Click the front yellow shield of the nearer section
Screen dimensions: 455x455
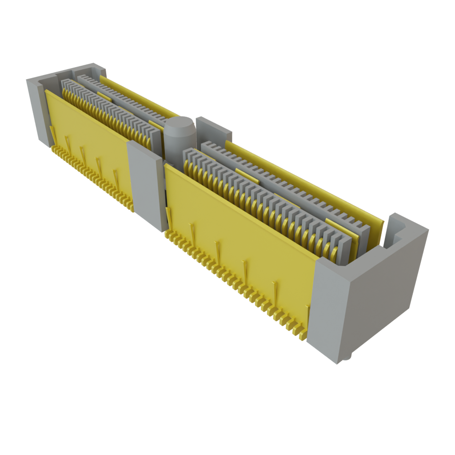pos(240,235)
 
